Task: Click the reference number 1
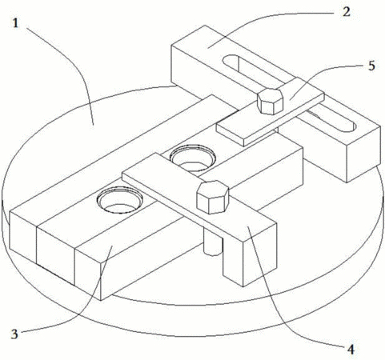(15, 23)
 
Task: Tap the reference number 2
(347, 12)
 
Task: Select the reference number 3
(14, 334)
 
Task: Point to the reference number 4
(351, 350)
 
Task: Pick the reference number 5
(371, 66)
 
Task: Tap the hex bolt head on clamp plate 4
(213, 197)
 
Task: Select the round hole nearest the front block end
(119, 200)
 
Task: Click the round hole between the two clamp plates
(193, 158)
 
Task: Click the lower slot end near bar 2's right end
(350, 127)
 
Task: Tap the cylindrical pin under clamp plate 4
(213, 242)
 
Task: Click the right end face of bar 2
(363, 154)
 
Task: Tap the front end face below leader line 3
(88, 274)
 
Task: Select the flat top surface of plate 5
(270, 111)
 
